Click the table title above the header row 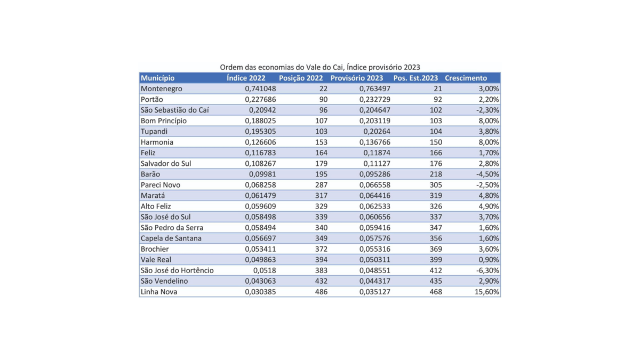(x=319, y=67)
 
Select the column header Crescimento (x=466, y=78)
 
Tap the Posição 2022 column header (x=301, y=78)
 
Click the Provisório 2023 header (x=357, y=78)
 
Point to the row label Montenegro (x=162, y=89)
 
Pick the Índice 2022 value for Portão (x=260, y=99)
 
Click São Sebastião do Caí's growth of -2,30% (x=487, y=110)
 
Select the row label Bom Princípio (x=163, y=121)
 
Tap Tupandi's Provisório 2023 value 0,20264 (x=377, y=131)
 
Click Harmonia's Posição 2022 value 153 (x=321, y=142)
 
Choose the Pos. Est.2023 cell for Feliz (x=436, y=153)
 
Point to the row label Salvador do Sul (x=166, y=163)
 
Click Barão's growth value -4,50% (x=487, y=174)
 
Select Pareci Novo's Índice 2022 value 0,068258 (x=260, y=185)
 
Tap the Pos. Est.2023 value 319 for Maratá (x=436, y=196)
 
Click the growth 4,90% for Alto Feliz (x=489, y=206)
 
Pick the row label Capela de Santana (x=171, y=238)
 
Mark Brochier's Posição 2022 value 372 (x=321, y=249)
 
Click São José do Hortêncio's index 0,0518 (x=265, y=270)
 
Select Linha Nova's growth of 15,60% (x=487, y=292)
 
